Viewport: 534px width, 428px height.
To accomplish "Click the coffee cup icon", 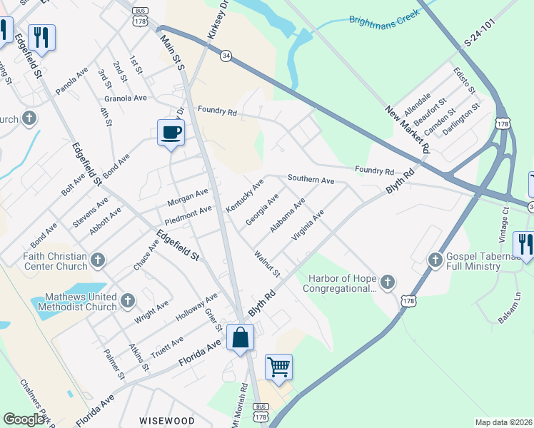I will pyautogui.click(x=171, y=133).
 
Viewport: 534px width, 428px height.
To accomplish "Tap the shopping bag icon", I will pyautogui.click(x=241, y=337).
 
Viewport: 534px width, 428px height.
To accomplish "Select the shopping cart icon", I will pyautogui.click(x=278, y=367).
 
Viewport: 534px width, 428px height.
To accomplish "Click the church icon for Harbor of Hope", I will pyautogui.click(x=388, y=282).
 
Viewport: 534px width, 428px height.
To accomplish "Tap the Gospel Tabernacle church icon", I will pyautogui.click(x=435, y=261).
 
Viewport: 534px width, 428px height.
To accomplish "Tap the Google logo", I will pyautogui.click(x=24, y=419).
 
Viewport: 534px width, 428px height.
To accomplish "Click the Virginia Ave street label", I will pyautogui.click(x=308, y=224).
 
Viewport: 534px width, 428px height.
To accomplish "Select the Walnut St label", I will pyautogui.click(x=267, y=263).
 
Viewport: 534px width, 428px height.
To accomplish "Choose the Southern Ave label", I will pyautogui.click(x=311, y=180).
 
